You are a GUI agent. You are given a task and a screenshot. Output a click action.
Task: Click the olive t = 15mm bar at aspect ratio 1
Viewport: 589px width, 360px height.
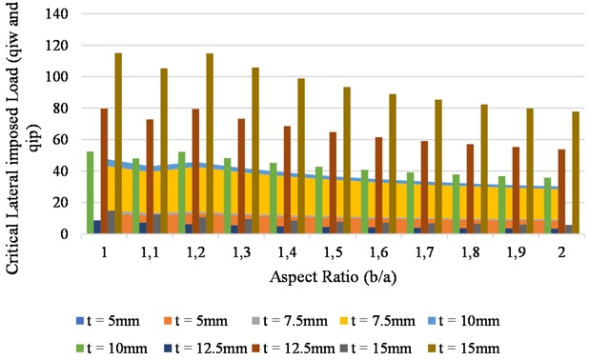tap(118, 143)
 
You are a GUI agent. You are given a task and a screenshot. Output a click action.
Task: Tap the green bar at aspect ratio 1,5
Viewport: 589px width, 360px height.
tap(318, 200)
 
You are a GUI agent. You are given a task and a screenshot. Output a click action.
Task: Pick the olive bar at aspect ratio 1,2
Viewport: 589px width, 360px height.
tap(210, 143)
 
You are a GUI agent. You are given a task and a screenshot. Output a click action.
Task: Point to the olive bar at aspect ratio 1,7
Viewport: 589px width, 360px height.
tap(438, 167)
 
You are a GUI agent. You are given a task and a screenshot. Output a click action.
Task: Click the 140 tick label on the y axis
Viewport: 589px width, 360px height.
tap(64, 14)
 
